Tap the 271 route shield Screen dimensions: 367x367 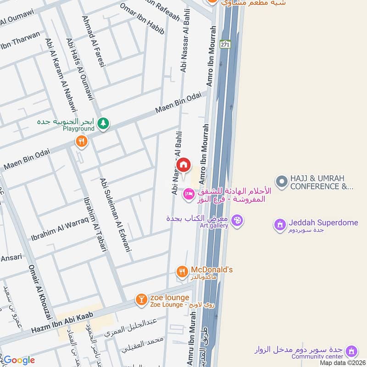coord(225,44)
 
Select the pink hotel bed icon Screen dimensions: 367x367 coord(188,195)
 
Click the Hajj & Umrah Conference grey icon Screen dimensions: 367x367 coord(281,182)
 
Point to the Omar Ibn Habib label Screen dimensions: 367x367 coord(142,19)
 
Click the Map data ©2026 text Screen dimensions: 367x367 coord(342,363)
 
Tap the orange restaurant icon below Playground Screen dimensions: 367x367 coord(82,141)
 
